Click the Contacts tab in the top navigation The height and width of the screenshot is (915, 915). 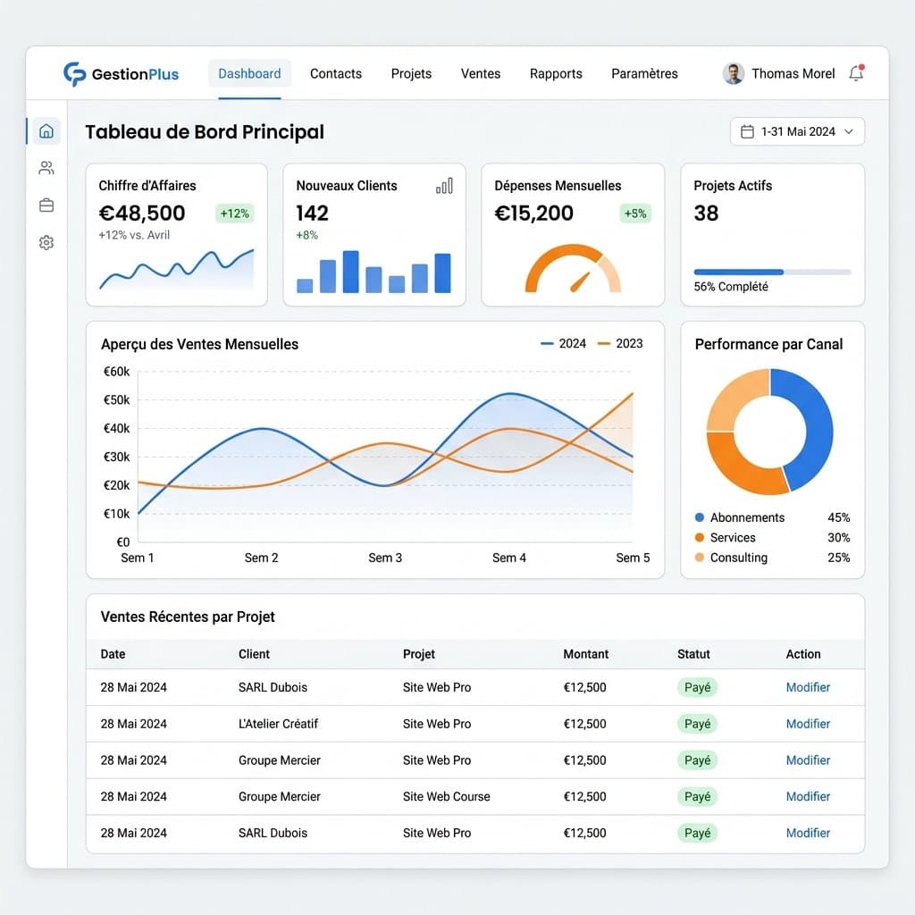click(x=336, y=73)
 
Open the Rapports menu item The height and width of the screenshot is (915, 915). click(x=556, y=73)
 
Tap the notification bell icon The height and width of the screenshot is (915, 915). click(x=856, y=73)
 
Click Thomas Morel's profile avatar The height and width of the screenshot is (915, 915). click(x=734, y=73)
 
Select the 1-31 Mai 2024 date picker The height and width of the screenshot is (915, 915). click(x=797, y=131)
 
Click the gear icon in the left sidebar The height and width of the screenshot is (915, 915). click(x=46, y=242)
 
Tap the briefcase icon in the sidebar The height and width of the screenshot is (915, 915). click(x=46, y=206)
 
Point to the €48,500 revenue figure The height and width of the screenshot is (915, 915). click(x=142, y=213)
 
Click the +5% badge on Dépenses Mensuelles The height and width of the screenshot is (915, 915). click(x=635, y=214)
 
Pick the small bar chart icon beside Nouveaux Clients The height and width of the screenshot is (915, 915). click(x=444, y=186)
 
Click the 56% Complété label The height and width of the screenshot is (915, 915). click(x=731, y=287)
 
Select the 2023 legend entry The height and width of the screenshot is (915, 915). click(x=620, y=344)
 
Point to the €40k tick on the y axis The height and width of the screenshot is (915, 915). click(x=117, y=428)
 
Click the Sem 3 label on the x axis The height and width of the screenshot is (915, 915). click(x=385, y=558)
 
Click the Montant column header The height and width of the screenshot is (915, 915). click(x=586, y=654)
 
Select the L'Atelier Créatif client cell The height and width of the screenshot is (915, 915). click(x=279, y=724)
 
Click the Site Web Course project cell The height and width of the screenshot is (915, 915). click(x=447, y=796)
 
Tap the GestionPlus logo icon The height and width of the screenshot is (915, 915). click(x=74, y=73)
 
